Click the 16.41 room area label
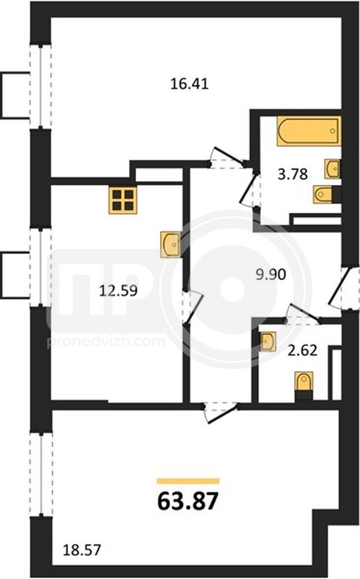(189, 84)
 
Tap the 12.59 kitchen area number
(118, 291)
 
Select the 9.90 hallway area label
(271, 275)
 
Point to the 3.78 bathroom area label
(293, 174)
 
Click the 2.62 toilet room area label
(302, 350)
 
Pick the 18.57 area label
(82, 550)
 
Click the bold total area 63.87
(188, 502)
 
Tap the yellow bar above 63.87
(188, 481)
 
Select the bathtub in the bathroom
(309, 131)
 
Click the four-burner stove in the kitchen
(122, 200)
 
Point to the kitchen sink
(171, 244)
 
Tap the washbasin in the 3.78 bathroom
(332, 169)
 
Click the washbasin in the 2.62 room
(267, 342)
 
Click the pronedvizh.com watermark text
(106, 342)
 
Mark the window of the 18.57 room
(41, 475)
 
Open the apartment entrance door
(345, 287)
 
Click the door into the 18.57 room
(221, 413)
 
